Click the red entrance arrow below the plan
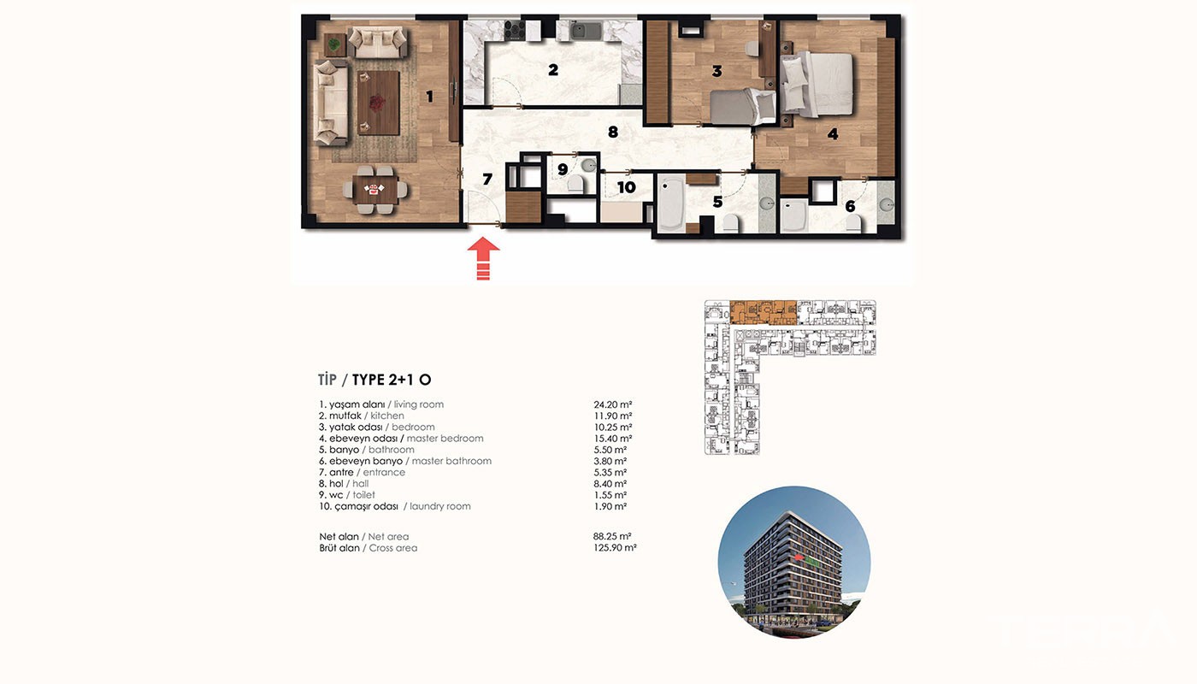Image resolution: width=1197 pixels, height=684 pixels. pyautogui.click(x=484, y=258)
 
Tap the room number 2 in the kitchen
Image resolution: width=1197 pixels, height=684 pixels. pyautogui.click(x=553, y=69)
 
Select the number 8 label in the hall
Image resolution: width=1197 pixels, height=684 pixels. pyautogui.click(x=613, y=132)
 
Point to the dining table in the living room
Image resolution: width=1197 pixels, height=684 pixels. pyautogui.click(x=374, y=190)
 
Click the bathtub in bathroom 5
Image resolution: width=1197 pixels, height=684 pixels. pyautogui.click(x=670, y=203)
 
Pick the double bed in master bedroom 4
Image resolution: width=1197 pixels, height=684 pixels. pyautogui.click(x=817, y=84)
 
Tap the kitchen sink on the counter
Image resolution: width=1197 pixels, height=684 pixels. pyautogui.click(x=587, y=31)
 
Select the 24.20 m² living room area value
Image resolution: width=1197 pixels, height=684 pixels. pyautogui.click(x=613, y=404)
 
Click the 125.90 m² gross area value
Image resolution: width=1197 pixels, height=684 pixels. pyautogui.click(x=615, y=548)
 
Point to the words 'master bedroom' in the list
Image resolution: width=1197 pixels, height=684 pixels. pyautogui.click(x=445, y=438)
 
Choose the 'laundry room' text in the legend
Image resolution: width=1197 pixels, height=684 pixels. pyautogui.click(x=440, y=506)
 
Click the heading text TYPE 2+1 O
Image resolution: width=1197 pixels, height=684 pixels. pyautogui.click(x=392, y=380)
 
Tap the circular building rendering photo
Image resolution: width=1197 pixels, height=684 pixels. pyautogui.click(x=794, y=563)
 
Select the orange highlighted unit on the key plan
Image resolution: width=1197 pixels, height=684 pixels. pyautogui.click(x=763, y=313)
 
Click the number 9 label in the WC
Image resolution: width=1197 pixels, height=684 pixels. pyautogui.click(x=563, y=169)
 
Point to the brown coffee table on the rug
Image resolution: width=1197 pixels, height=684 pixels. pyautogui.click(x=378, y=103)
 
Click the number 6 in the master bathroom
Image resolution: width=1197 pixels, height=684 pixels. pyautogui.click(x=850, y=206)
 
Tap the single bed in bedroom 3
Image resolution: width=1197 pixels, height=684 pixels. pyautogui.click(x=743, y=106)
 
